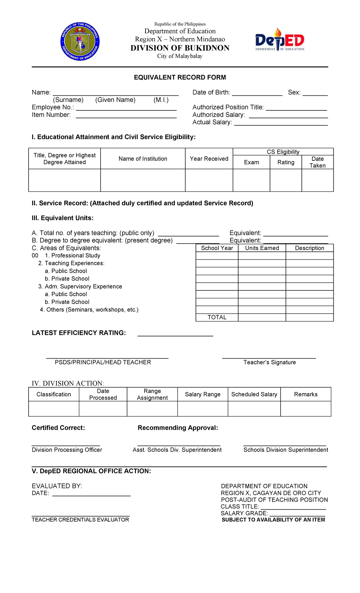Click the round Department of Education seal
tap(80, 41)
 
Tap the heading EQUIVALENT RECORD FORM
tap(180, 77)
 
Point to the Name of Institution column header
tap(143, 159)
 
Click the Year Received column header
tap(209, 159)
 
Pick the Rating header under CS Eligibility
tap(286, 162)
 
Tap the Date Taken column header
tap(317, 162)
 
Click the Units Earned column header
tap(262, 248)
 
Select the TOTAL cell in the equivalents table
tap(217, 318)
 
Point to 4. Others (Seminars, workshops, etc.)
tap(89, 310)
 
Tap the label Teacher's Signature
tap(269, 363)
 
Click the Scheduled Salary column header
tap(254, 394)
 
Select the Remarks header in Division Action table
tap(306, 394)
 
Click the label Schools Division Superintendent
tap(286, 450)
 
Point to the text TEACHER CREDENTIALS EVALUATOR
tap(80, 520)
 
